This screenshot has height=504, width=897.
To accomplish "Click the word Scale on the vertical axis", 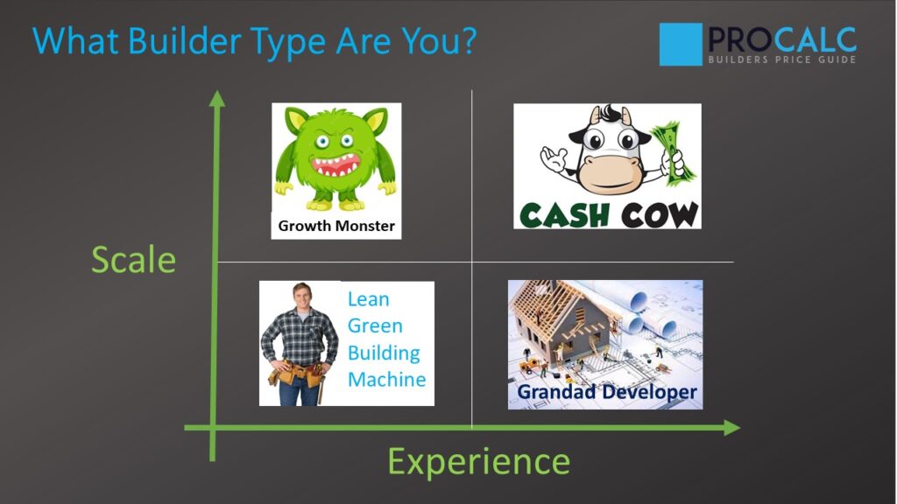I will pyautogui.click(x=133, y=260).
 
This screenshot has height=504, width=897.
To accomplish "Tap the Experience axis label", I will pyautogui.click(x=478, y=461).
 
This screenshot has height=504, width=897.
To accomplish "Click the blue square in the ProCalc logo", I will pyautogui.click(x=681, y=44).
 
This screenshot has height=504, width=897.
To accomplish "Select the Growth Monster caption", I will pyautogui.click(x=336, y=226).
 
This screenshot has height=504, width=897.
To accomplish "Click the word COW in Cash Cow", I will pyautogui.click(x=657, y=213).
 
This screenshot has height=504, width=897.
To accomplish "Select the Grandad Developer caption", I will pyautogui.click(x=606, y=392).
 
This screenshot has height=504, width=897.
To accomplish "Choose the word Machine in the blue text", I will pyautogui.click(x=386, y=380).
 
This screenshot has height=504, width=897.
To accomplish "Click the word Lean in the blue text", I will pyautogui.click(x=368, y=298).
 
